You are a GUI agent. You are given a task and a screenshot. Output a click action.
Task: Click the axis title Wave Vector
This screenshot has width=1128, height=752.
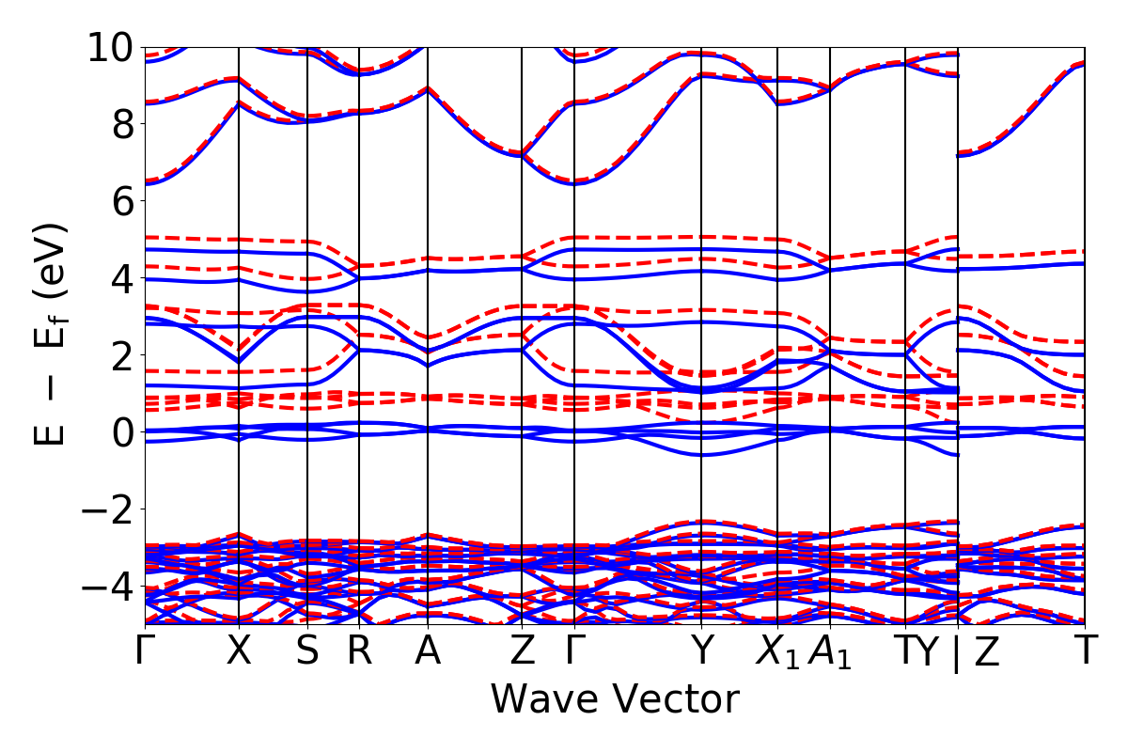point(615,700)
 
